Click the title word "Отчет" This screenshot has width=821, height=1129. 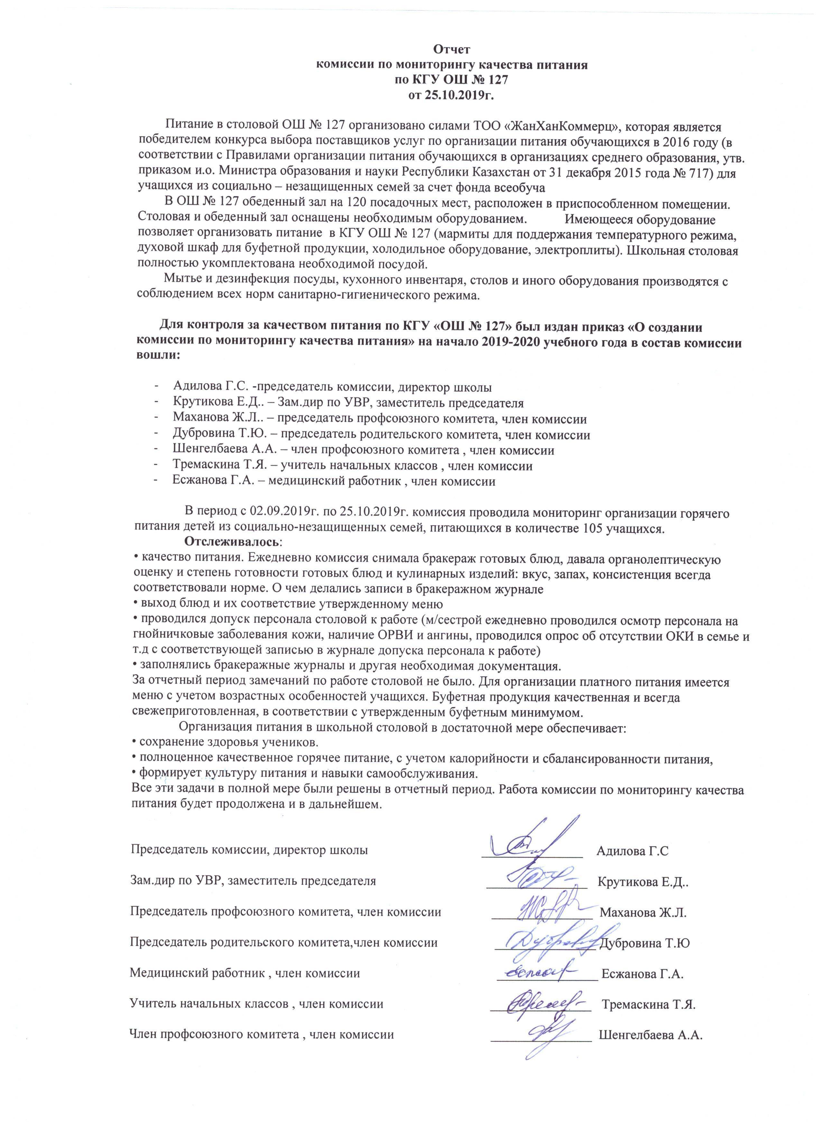(452, 50)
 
